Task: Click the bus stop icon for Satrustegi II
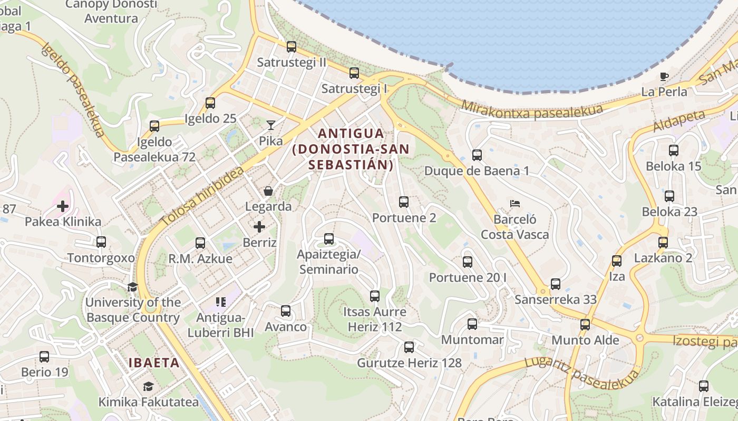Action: coord(292,47)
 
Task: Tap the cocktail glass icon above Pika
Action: coord(271,125)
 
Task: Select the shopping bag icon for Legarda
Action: coord(268,191)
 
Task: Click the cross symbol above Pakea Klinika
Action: coord(63,206)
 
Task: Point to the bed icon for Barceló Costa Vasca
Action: coord(515,203)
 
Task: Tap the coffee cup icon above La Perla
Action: coord(664,76)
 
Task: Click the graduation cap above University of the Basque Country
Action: coord(132,287)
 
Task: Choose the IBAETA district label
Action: coord(154,363)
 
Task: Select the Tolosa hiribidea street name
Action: coord(202,196)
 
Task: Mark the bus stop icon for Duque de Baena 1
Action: coord(477,155)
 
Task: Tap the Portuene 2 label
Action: coord(404,217)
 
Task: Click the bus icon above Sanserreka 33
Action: coord(556,284)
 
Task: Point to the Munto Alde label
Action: coord(585,340)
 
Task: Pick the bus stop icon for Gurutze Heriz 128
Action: coord(409,347)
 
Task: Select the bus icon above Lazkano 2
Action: coord(663,243)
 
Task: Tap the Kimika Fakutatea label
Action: coord(149,402)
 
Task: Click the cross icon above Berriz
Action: coord(259,227)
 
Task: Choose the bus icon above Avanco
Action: coord(286,311)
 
